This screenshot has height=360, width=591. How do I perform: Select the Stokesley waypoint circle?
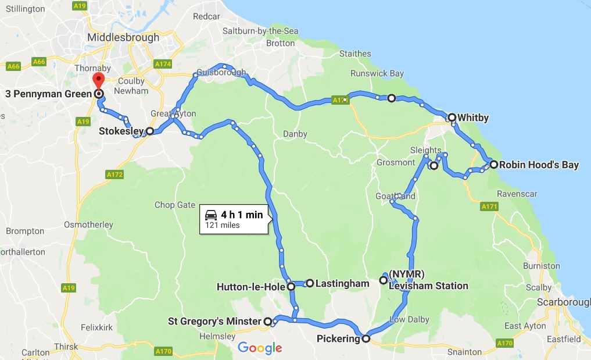coord(149,131)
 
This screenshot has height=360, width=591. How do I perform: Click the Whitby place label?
coord(473,117)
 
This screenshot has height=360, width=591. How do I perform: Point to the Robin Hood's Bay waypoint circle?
coord(493,165)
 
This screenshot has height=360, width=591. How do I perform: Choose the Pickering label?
coord(339,338)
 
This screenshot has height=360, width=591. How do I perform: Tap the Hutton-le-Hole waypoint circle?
coord(291,287)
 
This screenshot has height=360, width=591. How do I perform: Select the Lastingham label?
coord(343,283)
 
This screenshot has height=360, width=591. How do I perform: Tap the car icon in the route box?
coord(212,215)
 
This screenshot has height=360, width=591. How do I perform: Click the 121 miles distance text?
coord(222,226)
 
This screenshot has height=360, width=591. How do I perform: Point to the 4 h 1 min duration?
coord(242,215)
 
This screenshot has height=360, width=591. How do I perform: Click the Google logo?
coord(260,348)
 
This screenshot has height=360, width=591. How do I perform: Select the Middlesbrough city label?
coord(123,37)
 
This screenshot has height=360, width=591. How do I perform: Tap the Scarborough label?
coord(563,302)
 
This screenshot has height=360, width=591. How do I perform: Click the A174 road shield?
coord(161,63)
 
